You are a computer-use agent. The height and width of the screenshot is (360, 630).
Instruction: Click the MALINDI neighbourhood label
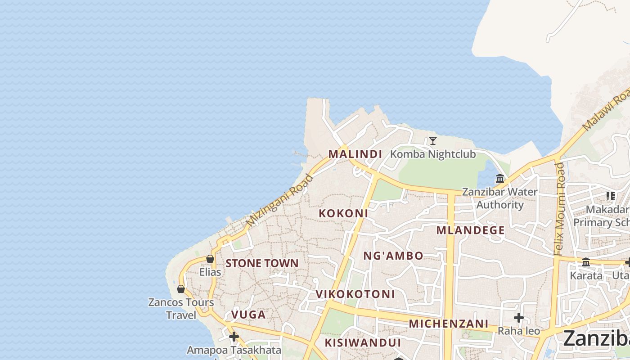(355, 154)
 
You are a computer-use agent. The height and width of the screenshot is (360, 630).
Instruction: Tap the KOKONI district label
(343, 213)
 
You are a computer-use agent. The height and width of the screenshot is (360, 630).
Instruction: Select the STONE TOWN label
(262, 263)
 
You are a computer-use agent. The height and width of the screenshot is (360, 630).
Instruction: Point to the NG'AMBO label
(393, 256)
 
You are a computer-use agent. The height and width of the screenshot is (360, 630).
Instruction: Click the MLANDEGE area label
(471, 230)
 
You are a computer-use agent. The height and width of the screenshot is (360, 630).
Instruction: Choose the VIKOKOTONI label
(355, 294)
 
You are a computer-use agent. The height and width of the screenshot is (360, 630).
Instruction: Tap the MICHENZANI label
(449, 324)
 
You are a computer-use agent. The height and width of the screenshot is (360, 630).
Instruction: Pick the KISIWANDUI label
(363, 343)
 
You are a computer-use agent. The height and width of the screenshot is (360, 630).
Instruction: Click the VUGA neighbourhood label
(248, 315)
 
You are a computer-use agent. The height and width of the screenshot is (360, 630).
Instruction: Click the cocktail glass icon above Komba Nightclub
(433, 141)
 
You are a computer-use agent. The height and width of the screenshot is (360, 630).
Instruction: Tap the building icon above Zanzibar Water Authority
(500, 179)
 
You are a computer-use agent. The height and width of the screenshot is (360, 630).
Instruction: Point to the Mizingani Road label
(279, 201)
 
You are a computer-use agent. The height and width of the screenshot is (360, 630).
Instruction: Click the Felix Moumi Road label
(560, 209)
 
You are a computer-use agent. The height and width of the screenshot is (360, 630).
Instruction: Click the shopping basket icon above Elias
(210, 259)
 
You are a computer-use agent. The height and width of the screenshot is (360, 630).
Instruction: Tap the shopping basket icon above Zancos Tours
(181, 289)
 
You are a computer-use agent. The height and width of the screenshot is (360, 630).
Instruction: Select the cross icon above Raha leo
(519, 318)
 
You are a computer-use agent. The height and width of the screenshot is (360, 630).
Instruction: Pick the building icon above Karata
(586, 262)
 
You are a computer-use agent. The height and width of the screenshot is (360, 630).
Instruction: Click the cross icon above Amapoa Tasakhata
(234, 336)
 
